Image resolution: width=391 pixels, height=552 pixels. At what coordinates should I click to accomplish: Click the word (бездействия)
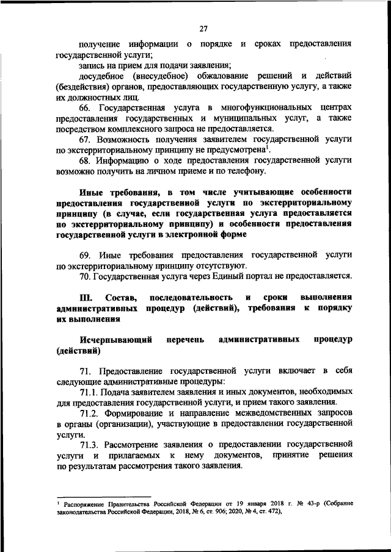[x=80, y=86]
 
